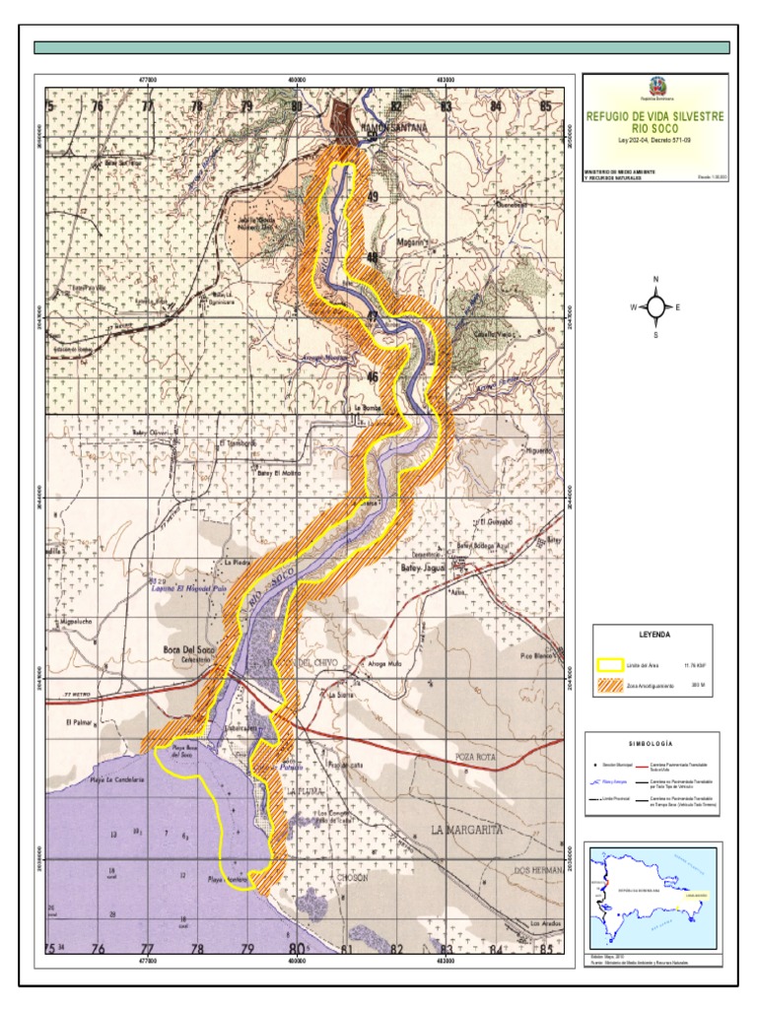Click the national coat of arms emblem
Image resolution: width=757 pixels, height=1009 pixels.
point(654,89)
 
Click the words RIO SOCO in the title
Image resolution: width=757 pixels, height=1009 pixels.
point(654,128)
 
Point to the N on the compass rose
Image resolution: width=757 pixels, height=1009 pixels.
point(655,279)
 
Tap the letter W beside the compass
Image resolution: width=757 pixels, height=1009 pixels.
point(633,307)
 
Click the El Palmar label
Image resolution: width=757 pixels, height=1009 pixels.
point(78,722)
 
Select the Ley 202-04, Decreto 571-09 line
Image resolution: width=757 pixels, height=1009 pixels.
point(654,141)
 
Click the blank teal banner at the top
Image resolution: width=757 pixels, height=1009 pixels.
point(381,47)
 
